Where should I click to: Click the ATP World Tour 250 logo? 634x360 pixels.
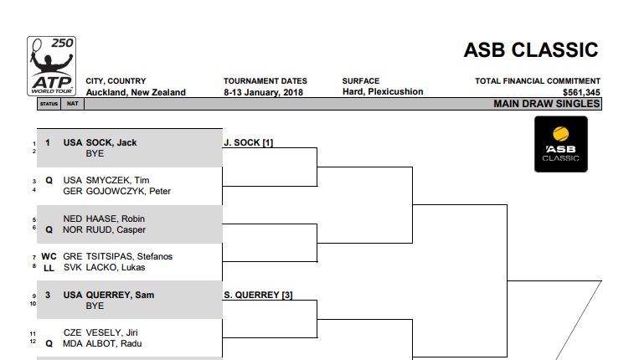pyautogui.click(x=51, y=66)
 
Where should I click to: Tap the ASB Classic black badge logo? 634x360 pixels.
pyautogui.click(x=561, y=144)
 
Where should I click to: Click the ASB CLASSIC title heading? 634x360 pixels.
pyautogui.click(x=530, y=50)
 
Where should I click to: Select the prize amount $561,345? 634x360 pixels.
pyautogui.click(x=581, y=93)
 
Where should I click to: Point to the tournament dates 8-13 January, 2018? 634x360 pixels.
pyautogui.click(x=263, y=92)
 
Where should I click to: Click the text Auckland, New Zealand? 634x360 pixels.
pyautogui.click(x=136, y=92)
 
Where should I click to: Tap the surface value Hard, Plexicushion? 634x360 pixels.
pyautogui.click(x=383, y=92)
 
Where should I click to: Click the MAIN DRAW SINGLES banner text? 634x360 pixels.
pyautogui.click(x=546, y=104)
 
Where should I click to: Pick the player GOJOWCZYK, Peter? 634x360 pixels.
pyautogui.click(x=128, y=191)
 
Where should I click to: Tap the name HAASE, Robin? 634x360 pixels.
pyautogui.click(x=116, y=219)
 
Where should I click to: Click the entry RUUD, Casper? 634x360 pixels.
pyautogui.click(x=116, y=229)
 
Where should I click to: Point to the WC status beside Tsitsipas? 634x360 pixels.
pyautogui.click(x=49, y=256)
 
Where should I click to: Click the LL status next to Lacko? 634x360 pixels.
pyautogui.click(x=49, y=268)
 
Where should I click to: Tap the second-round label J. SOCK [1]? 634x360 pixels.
pyautogui.click(x=248, y=142)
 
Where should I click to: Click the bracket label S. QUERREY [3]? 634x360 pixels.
pyautogui.click(x=258, y=295)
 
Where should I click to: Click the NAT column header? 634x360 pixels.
pyautogui.click(x=72, y=104)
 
